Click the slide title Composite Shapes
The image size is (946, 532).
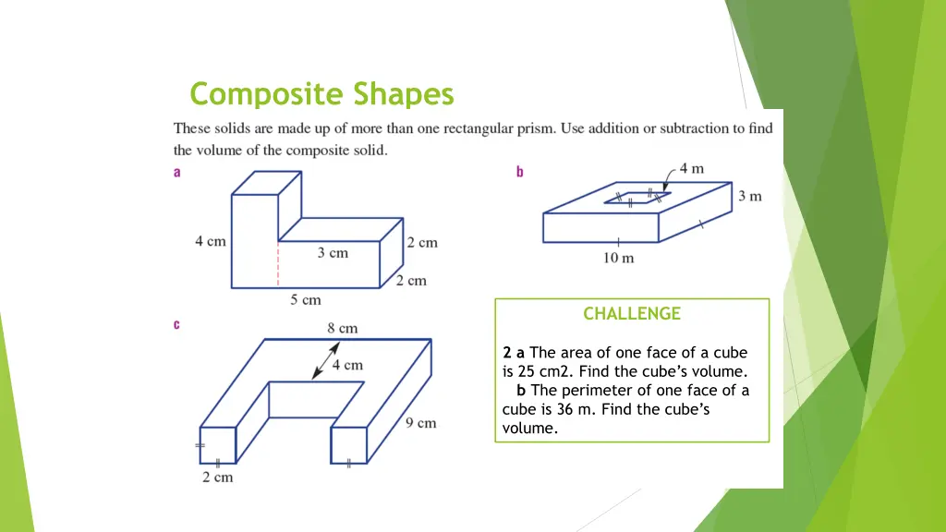(x=321, y=94)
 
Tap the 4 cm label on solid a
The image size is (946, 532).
(x=210, y=242)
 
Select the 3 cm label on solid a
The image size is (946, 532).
(x=333, y=252)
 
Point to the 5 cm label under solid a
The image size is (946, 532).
(x=306, y=299)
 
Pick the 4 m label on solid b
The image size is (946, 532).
(x=691, y=168)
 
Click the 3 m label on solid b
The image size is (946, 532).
(x=749, y=196)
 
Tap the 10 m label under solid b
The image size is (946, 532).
(x=619, y=258)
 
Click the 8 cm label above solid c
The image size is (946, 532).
(x=342, y=328)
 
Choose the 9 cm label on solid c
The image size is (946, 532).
(x=420, y=423)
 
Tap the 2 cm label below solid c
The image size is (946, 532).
(x=218, y=478)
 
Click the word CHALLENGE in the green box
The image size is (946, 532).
(x=632, y=314)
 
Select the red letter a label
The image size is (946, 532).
(x=177, y=171)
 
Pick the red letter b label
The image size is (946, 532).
(x=520, y=171)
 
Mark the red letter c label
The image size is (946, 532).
(x=177, y=324)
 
